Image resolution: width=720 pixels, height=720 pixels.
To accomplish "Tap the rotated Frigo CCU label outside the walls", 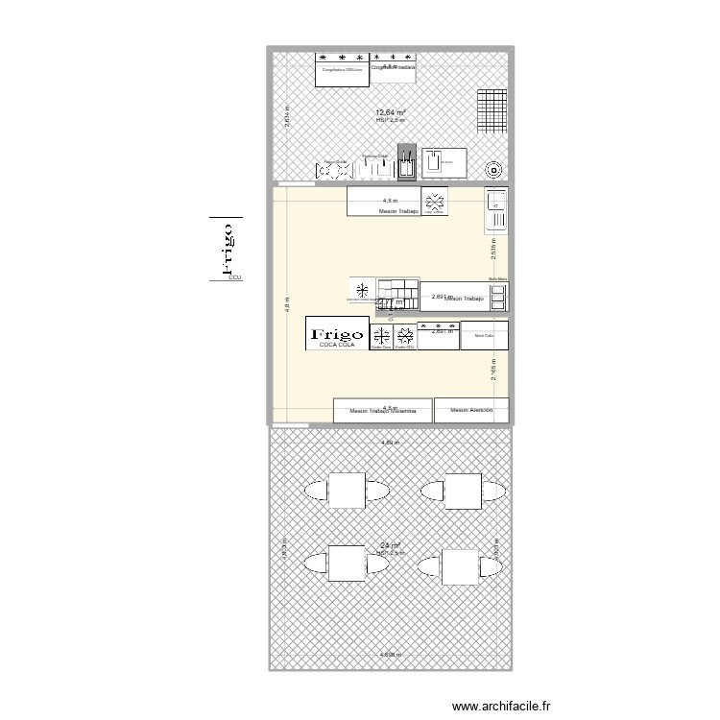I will click(x=228, y=252).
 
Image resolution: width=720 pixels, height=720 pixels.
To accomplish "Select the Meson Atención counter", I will click(x=469, y=411).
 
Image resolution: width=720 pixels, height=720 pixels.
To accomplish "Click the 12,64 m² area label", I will click(x=390, y=113).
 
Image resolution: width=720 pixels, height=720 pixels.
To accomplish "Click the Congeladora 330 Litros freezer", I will click(x=342, y=70).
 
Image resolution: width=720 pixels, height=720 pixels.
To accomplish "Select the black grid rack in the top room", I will click(x=491, y=111).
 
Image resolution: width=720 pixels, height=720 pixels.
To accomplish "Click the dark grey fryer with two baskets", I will click(x=407, y=164).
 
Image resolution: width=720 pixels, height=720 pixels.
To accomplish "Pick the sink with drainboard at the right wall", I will click(x=496, y=210).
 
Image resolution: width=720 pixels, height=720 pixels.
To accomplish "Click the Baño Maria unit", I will click(x=496, y=296).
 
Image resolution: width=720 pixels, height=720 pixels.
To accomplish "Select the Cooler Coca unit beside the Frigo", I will click(x=381, y=337).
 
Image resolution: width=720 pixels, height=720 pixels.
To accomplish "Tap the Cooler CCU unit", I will click(x=404, y=337).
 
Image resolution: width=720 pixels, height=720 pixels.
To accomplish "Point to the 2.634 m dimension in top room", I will click(x=286, y=116).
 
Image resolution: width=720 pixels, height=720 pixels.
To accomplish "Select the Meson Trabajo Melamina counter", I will click(x=382, y=412).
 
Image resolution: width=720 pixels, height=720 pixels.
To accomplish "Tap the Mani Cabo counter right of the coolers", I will click(x=484, y=337).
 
